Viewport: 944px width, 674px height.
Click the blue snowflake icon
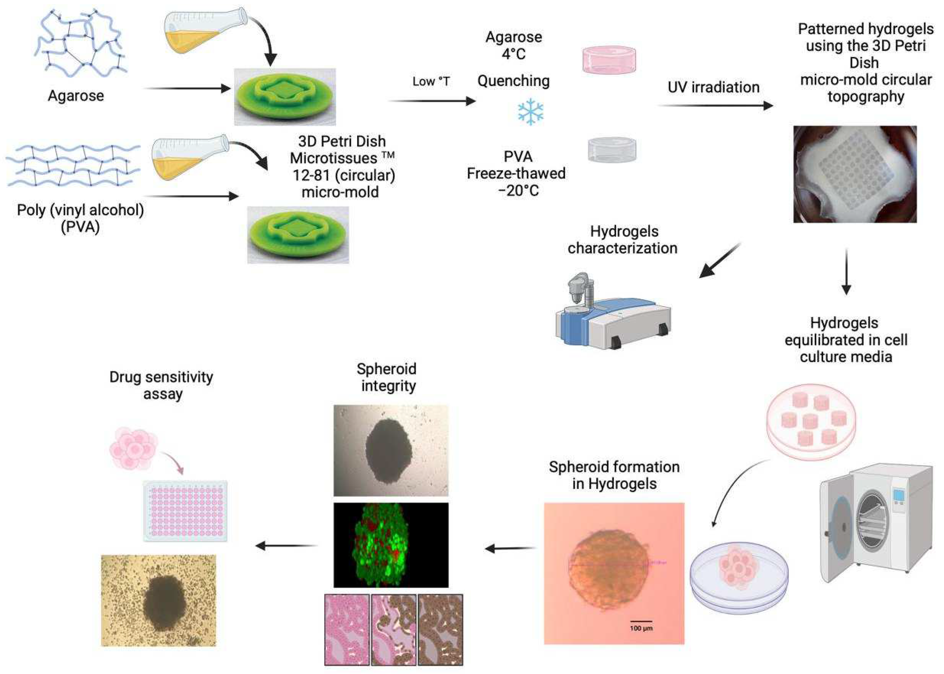(x=530, y=112)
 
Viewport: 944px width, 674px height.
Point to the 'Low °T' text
(x=431, y=81)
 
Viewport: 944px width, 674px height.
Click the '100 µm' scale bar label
(x=641, y=628)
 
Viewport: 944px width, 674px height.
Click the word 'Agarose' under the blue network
(x=76, y=96)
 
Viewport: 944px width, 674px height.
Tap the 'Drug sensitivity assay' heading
(x=161, y=385)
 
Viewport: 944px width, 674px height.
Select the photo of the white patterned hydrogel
(x=855, y=174)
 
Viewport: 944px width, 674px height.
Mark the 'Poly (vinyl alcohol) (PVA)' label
(x=80, y=218)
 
